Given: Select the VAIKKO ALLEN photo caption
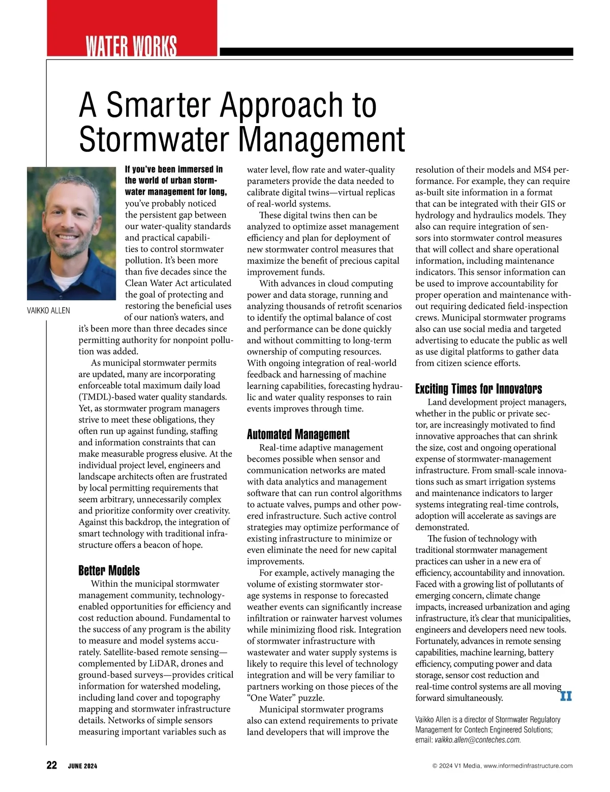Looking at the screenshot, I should (48, 311).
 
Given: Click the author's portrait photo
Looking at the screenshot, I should (71, 233).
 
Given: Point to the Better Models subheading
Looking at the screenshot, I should (109, 570).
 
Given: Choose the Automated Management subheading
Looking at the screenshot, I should (298, 434).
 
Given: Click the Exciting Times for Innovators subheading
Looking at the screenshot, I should (478, 389).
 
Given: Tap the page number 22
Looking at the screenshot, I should (52, 765).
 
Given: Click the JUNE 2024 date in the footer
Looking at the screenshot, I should (82, 766).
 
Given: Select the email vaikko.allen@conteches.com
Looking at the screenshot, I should (477, 740).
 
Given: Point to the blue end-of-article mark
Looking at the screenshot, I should (566, 696).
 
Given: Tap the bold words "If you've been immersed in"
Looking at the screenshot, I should (174, 169).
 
